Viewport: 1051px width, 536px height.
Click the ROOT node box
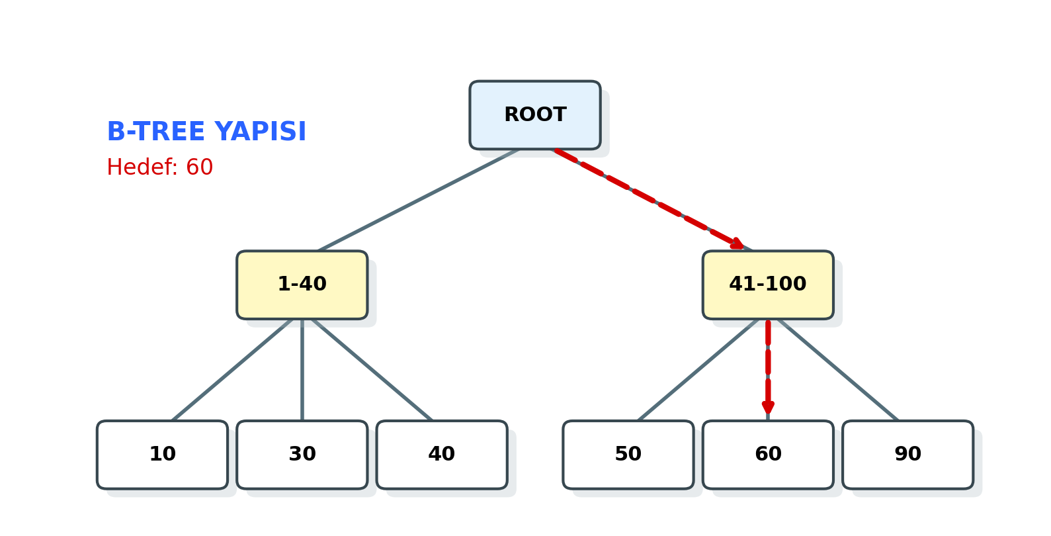(534, 115)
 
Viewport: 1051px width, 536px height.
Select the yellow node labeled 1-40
(302, 285)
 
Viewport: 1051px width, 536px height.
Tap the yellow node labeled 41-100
(767, 285)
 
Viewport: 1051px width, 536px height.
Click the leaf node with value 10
(162, 455)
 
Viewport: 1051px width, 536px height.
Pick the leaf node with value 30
(302, 455)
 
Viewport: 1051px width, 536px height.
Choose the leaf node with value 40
(441, 455)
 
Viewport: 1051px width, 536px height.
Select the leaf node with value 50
(628, 455)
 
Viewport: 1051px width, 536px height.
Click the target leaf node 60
(767, 455)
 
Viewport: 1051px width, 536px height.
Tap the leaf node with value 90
(907, 455)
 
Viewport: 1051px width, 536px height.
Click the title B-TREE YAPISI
(206, 132)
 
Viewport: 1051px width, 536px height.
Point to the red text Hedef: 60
(159, 167)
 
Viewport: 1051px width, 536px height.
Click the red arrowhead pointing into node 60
(767, 407)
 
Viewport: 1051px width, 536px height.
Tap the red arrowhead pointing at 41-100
(737, 244)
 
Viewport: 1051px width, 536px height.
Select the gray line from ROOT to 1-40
(418, 200)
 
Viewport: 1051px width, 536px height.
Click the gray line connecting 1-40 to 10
(231, 370)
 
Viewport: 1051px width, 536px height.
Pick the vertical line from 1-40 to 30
(302, 370)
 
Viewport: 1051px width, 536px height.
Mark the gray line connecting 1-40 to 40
(372, 370)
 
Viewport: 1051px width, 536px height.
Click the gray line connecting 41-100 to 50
(698, 370)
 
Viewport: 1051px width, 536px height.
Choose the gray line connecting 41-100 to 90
(838, 370)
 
